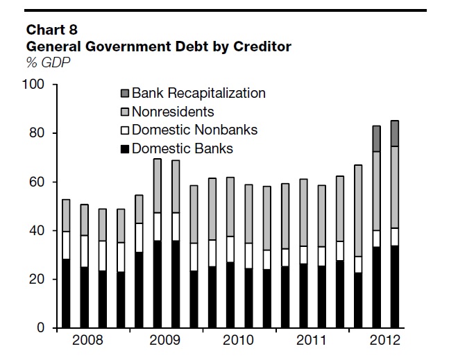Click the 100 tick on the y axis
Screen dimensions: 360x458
pos(34,85)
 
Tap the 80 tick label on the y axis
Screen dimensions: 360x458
pos(37,133)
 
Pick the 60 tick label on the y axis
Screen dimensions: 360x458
pos(37,182)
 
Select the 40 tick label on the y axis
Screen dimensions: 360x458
pos(37,230)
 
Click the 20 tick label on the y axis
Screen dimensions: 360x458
pos(37,279)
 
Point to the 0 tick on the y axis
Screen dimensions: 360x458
pos(41,327)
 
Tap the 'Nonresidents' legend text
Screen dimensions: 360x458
pos(173,112)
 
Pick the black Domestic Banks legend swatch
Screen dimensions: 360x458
pos(124,148)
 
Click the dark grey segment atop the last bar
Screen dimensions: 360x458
pos(395,133)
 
